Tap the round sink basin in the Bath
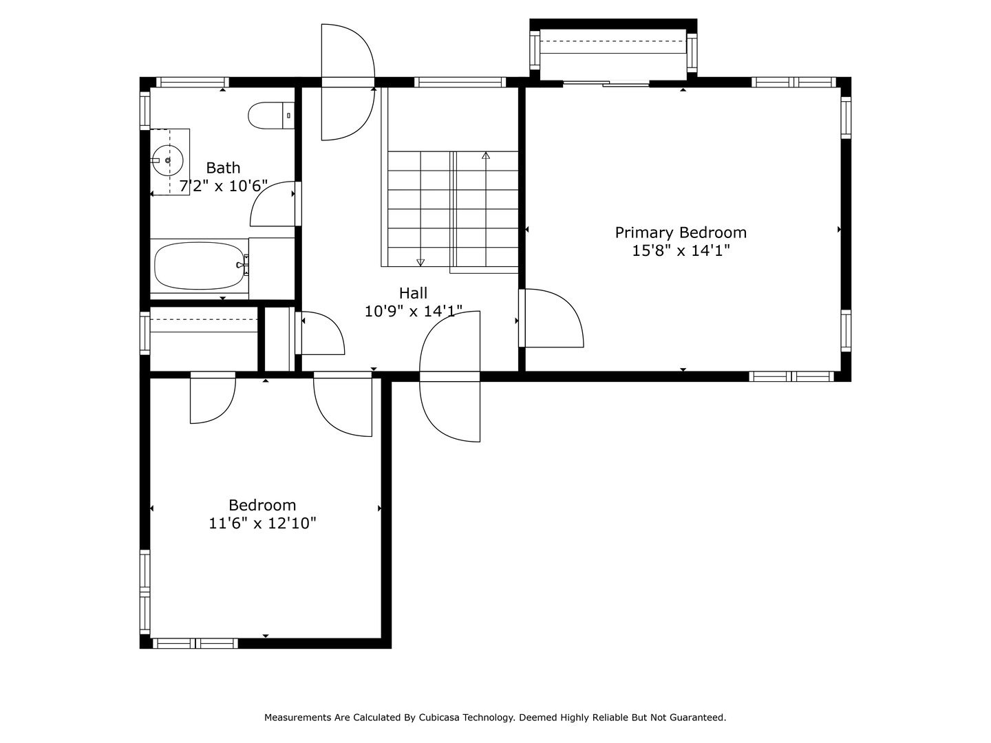[167, 160]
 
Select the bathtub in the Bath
[199, 266]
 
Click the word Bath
[223, 168]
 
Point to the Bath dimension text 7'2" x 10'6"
[224, 186]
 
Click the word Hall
[413, 293]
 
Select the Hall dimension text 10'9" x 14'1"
[413, 311]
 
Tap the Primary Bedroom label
[681, 233]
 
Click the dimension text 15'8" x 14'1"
[681, 250]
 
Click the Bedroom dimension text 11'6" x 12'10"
[262, 524]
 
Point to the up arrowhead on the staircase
[486, 155]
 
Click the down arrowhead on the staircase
[420, 262]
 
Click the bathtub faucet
[244, 266]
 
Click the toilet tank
[288, 116]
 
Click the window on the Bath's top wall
[193, 82]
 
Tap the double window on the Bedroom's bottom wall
[195, 643]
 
